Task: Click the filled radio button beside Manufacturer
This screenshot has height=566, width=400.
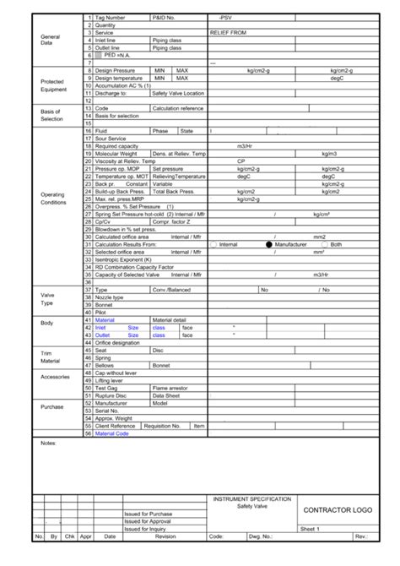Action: click(269, 244)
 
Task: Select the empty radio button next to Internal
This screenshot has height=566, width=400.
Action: click(214, 244)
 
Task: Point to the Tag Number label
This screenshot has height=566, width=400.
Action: click(111, 17)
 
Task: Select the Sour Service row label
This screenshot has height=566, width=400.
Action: click(111, 138)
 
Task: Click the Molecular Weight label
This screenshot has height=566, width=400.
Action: click(116, 155)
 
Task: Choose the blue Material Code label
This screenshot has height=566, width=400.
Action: click(112, 433)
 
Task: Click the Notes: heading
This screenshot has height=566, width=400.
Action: click(47, 442)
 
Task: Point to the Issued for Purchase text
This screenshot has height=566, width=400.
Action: click(148, 514)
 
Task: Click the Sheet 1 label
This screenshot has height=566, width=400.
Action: click(311, 529)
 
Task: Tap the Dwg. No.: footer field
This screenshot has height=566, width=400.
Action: click(260, 536)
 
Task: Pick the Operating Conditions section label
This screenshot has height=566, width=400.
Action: click(52, 199)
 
